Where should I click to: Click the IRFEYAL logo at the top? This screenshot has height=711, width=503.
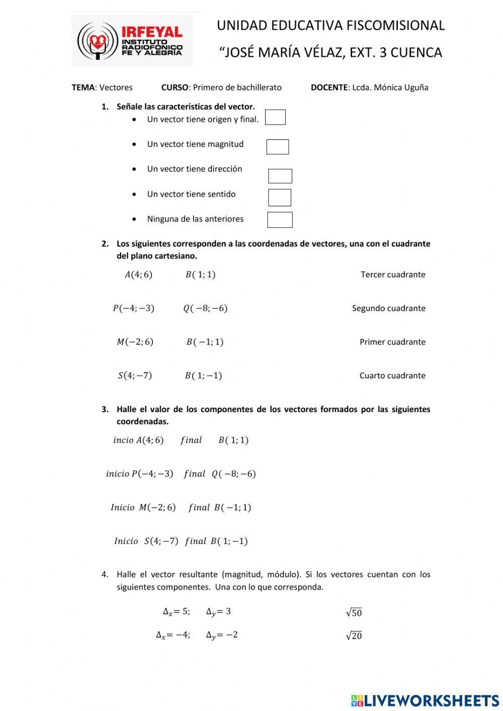click(x=132, y=41)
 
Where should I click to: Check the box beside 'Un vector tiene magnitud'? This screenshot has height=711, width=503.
click(x=277, y=147)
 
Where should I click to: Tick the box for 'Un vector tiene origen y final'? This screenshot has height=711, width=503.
click(x=275, y=117)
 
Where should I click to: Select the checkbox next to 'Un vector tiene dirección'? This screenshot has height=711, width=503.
click(x=280, y=176)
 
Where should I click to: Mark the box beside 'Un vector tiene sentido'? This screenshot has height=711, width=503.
click(x=279, y=197)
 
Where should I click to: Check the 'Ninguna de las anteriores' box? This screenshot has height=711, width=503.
click(x=280, y=220)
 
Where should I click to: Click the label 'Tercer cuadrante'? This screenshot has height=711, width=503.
click(x=393, y=275)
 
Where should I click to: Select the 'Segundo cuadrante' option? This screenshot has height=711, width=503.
click(x=388, y=308)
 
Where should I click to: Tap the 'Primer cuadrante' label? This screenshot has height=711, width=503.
click(x=392, y=342)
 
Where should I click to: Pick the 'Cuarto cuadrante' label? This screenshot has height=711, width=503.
click(x=392, y=376)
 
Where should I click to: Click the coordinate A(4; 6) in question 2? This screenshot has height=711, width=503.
click(x=138, y=275)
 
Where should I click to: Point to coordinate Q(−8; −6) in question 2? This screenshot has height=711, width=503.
click(x=205, y=308)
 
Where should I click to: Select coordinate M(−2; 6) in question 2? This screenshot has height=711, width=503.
click(x=135, y=342)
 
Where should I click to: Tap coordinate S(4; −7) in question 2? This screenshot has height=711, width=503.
click(x=135, y=376)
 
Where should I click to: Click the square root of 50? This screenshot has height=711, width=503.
click(x=354, y=612)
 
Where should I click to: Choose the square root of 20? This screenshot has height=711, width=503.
click(x=354, y=636)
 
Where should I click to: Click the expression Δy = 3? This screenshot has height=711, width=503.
click(x=218, y=612)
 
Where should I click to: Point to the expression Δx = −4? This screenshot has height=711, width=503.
click(x=173, y=635)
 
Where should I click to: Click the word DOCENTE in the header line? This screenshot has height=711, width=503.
click(x=329, y=88)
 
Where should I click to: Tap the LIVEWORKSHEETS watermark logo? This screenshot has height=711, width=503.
click(x=425, y=700)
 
